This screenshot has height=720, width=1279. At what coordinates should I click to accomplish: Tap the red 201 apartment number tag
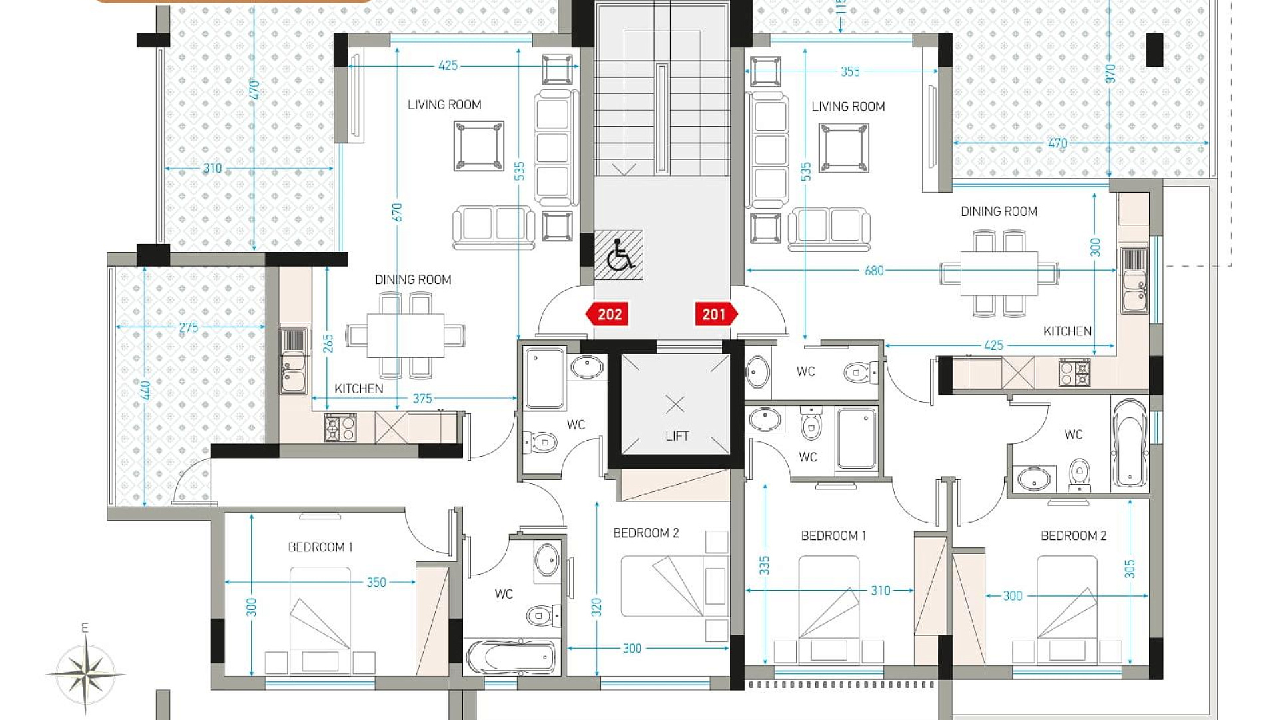(x=715, y=314)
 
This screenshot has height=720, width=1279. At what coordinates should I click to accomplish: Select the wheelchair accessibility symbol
(x=619, y=255)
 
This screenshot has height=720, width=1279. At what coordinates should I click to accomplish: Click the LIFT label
(x=677, y=436)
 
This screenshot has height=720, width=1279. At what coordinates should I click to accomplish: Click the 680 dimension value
(x=874, y=271)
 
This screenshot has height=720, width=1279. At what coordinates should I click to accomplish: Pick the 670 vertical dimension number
(x=397, y=213)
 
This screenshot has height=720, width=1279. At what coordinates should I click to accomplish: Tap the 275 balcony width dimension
(x=189, y=327)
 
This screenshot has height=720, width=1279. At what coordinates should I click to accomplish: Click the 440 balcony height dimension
(x=145, y=390)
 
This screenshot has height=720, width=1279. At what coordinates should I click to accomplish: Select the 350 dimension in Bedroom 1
(x=376, y=582)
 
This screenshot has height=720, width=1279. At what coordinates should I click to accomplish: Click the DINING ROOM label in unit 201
(x=999, y=211)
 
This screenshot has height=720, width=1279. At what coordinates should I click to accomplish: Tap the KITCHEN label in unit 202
(x=358, y=389)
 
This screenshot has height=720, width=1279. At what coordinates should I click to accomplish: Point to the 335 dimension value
(x=764, y=565)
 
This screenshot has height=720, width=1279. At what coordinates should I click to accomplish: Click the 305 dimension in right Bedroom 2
(x=1129, y=569)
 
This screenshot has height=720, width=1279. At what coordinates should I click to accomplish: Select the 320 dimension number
(x=596, y=607)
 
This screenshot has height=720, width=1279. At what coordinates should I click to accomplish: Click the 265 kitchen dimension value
(x=328, y=343)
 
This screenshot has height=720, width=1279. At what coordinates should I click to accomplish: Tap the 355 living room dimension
(x=850, y=71)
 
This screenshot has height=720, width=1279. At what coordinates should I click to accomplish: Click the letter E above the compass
(x=85, y=627)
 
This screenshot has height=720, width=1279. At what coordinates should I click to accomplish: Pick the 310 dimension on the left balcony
(x=213, y=168)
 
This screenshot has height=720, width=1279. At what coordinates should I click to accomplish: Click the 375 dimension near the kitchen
(x=422, y=399)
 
